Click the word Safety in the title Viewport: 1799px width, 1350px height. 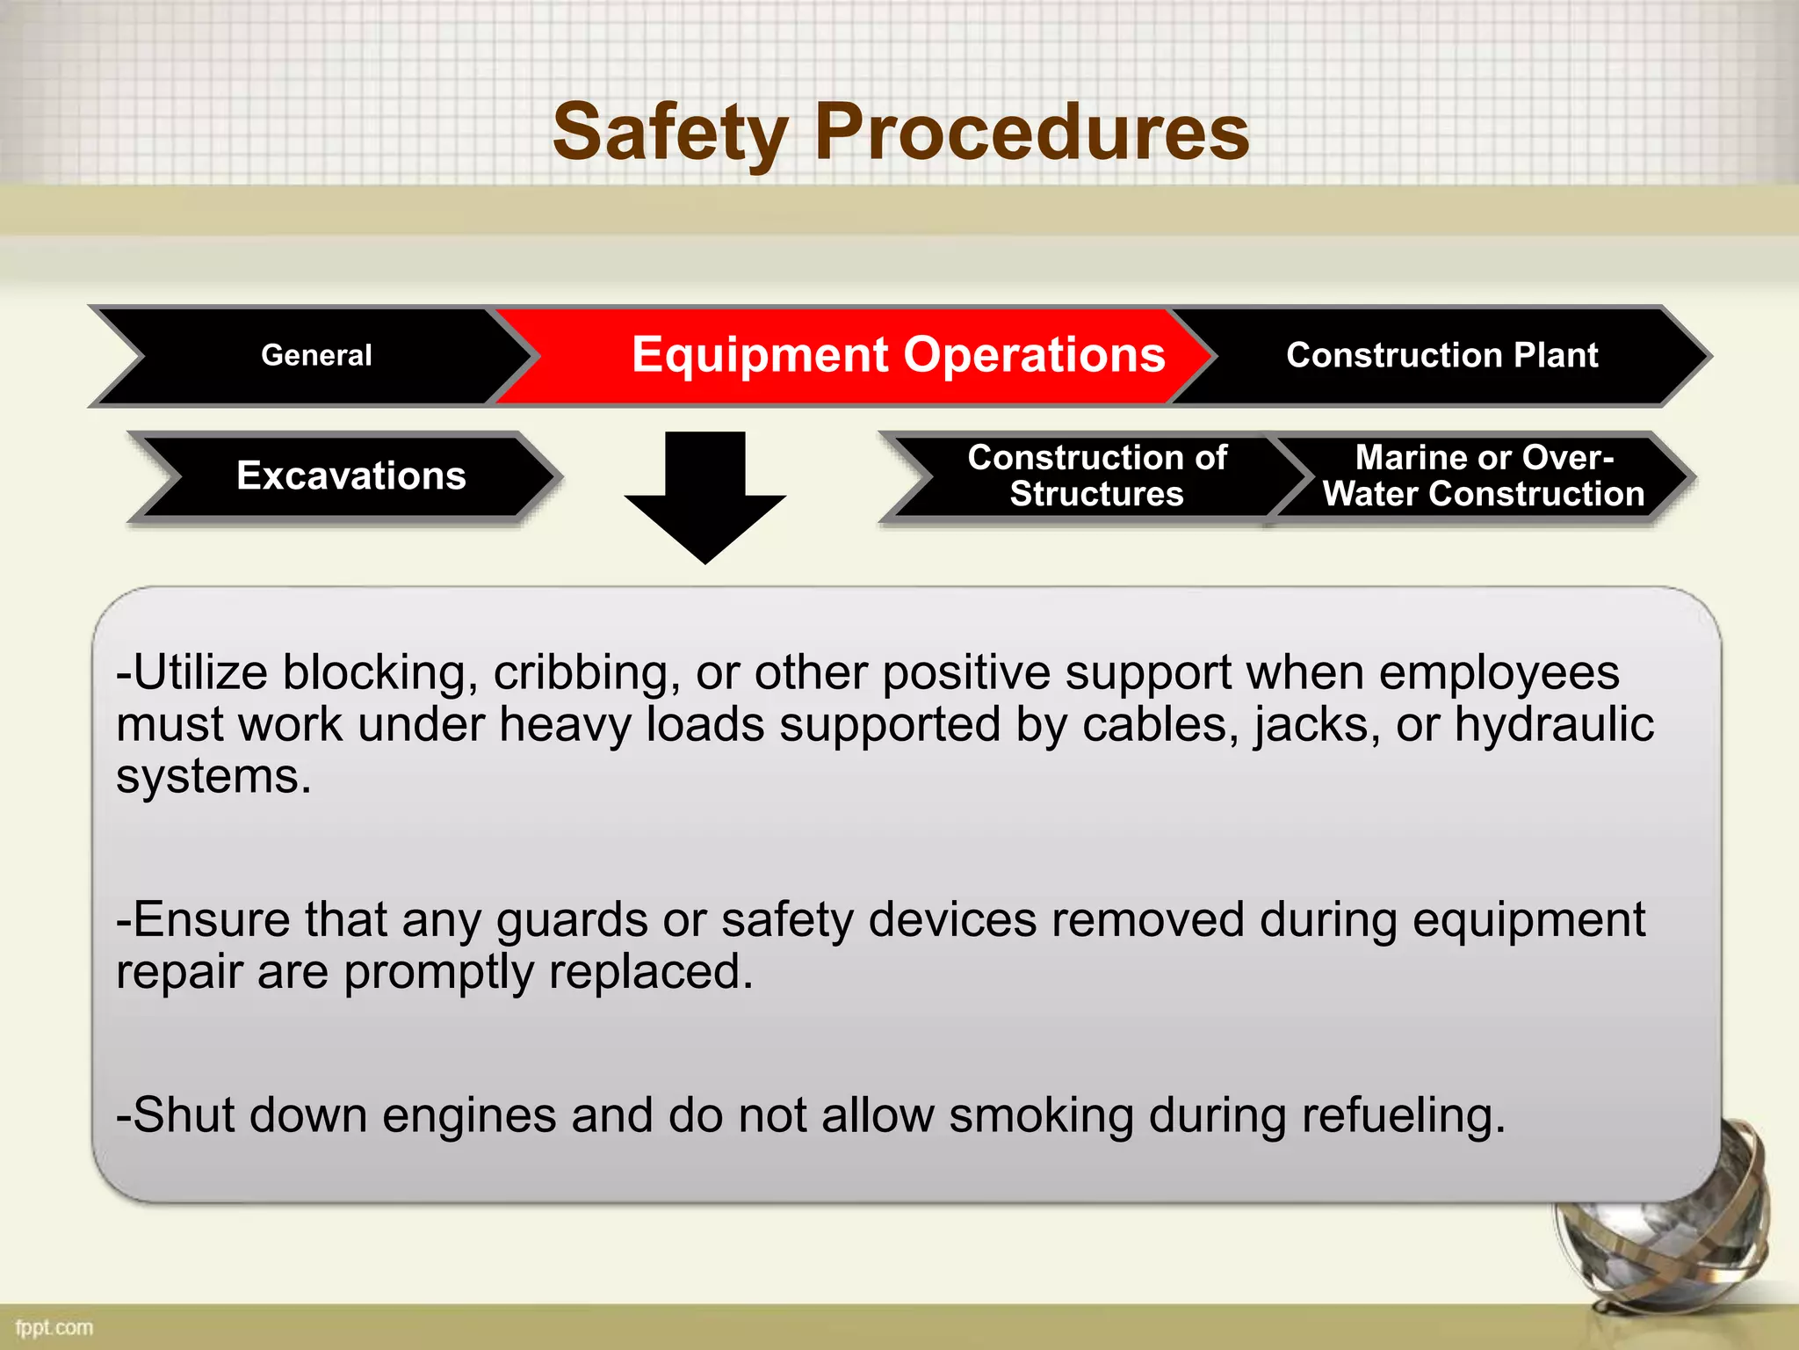669,134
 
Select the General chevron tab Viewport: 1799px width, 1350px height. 316,356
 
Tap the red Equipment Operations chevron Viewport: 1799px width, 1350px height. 898,356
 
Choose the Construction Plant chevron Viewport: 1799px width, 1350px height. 1441,356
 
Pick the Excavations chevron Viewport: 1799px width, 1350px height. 350,476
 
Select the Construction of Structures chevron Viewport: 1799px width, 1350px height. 1096,476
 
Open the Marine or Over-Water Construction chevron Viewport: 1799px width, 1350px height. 1484,476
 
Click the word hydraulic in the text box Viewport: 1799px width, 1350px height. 1554,726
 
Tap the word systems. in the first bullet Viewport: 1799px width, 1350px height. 213,778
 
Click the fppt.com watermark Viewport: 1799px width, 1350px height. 54,1327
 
